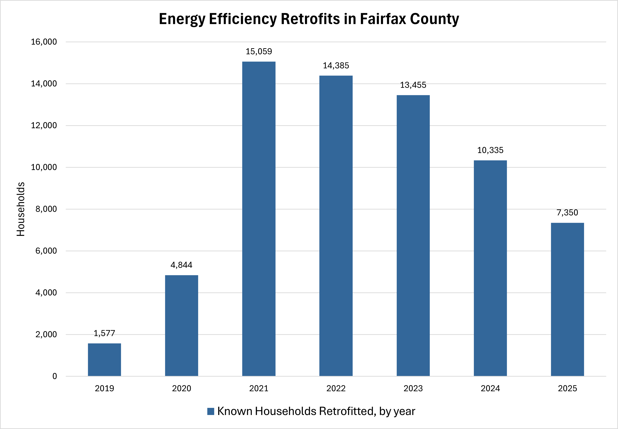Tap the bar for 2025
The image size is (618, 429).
[567, 299]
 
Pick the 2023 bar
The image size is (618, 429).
[413, 235]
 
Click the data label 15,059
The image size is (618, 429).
[259, 51]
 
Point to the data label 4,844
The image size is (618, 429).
[181, 265]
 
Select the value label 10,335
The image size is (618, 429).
[490, 150]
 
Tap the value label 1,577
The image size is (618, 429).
[104, 333]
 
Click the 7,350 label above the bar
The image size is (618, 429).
[567, 213]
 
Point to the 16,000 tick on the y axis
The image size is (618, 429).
[44, 42]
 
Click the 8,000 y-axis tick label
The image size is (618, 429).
[46, 209]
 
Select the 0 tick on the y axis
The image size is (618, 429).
[55, 376]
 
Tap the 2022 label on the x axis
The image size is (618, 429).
[336, 388]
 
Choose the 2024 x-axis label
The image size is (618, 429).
[490, 388]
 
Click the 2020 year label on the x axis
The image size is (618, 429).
[181, 388]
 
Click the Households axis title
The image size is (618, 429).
[21, 209]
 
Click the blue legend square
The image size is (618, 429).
[211, 411]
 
